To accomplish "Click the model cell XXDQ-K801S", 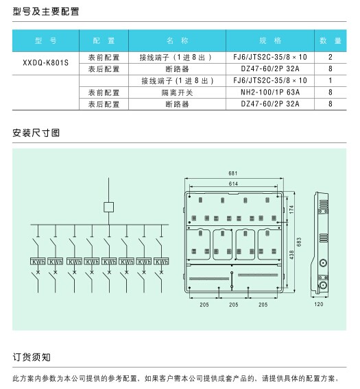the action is [x=45, y=63].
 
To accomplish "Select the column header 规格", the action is [x=270, y=40].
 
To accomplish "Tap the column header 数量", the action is [x=331, y=40].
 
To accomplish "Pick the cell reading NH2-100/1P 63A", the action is [x=270, y=92].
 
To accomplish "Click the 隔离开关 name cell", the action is [x=177, y=92].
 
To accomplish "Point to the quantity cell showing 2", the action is [x=331, y=57].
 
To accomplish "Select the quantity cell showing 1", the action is [x=331, y=80].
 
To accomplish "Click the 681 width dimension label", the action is [x=233, y=173].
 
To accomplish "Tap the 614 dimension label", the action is [x=233, y=184].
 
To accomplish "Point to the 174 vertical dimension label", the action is [x=291, y=210].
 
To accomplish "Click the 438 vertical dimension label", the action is [x=291, y=255].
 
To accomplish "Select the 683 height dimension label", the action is [x=299, y=242].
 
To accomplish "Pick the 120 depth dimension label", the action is [x=319, y=304].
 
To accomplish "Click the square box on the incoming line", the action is [x=108, y=207].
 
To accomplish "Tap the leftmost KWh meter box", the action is [x=38, y=262].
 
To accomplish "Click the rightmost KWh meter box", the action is [x=161, y=262].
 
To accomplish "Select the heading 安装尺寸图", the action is [x=36, y=133].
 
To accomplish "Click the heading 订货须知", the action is [x=32, y=357].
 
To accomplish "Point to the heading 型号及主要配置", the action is [x=46, y=12].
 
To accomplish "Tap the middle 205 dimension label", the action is [x=234, y=305].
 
